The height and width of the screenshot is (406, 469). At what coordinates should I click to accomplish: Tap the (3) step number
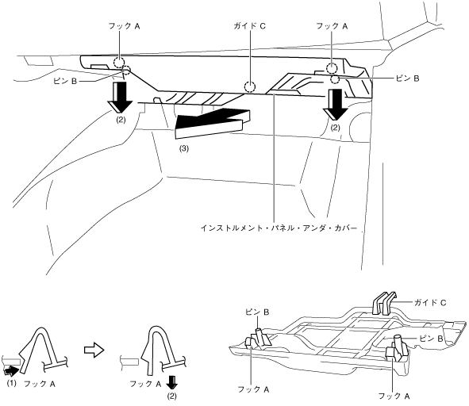(184, 148)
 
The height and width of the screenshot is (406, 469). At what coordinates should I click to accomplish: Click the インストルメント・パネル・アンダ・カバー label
(279, 228)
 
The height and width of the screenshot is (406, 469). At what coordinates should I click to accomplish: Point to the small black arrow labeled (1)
(11, 372)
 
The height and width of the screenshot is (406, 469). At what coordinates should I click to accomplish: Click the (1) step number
(11, 383)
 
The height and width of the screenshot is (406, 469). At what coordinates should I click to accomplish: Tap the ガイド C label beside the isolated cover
(430, 303)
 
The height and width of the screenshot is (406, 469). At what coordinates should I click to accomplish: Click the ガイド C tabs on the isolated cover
(384, 302)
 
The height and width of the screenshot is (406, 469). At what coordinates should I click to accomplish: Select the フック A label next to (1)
(40, 384)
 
